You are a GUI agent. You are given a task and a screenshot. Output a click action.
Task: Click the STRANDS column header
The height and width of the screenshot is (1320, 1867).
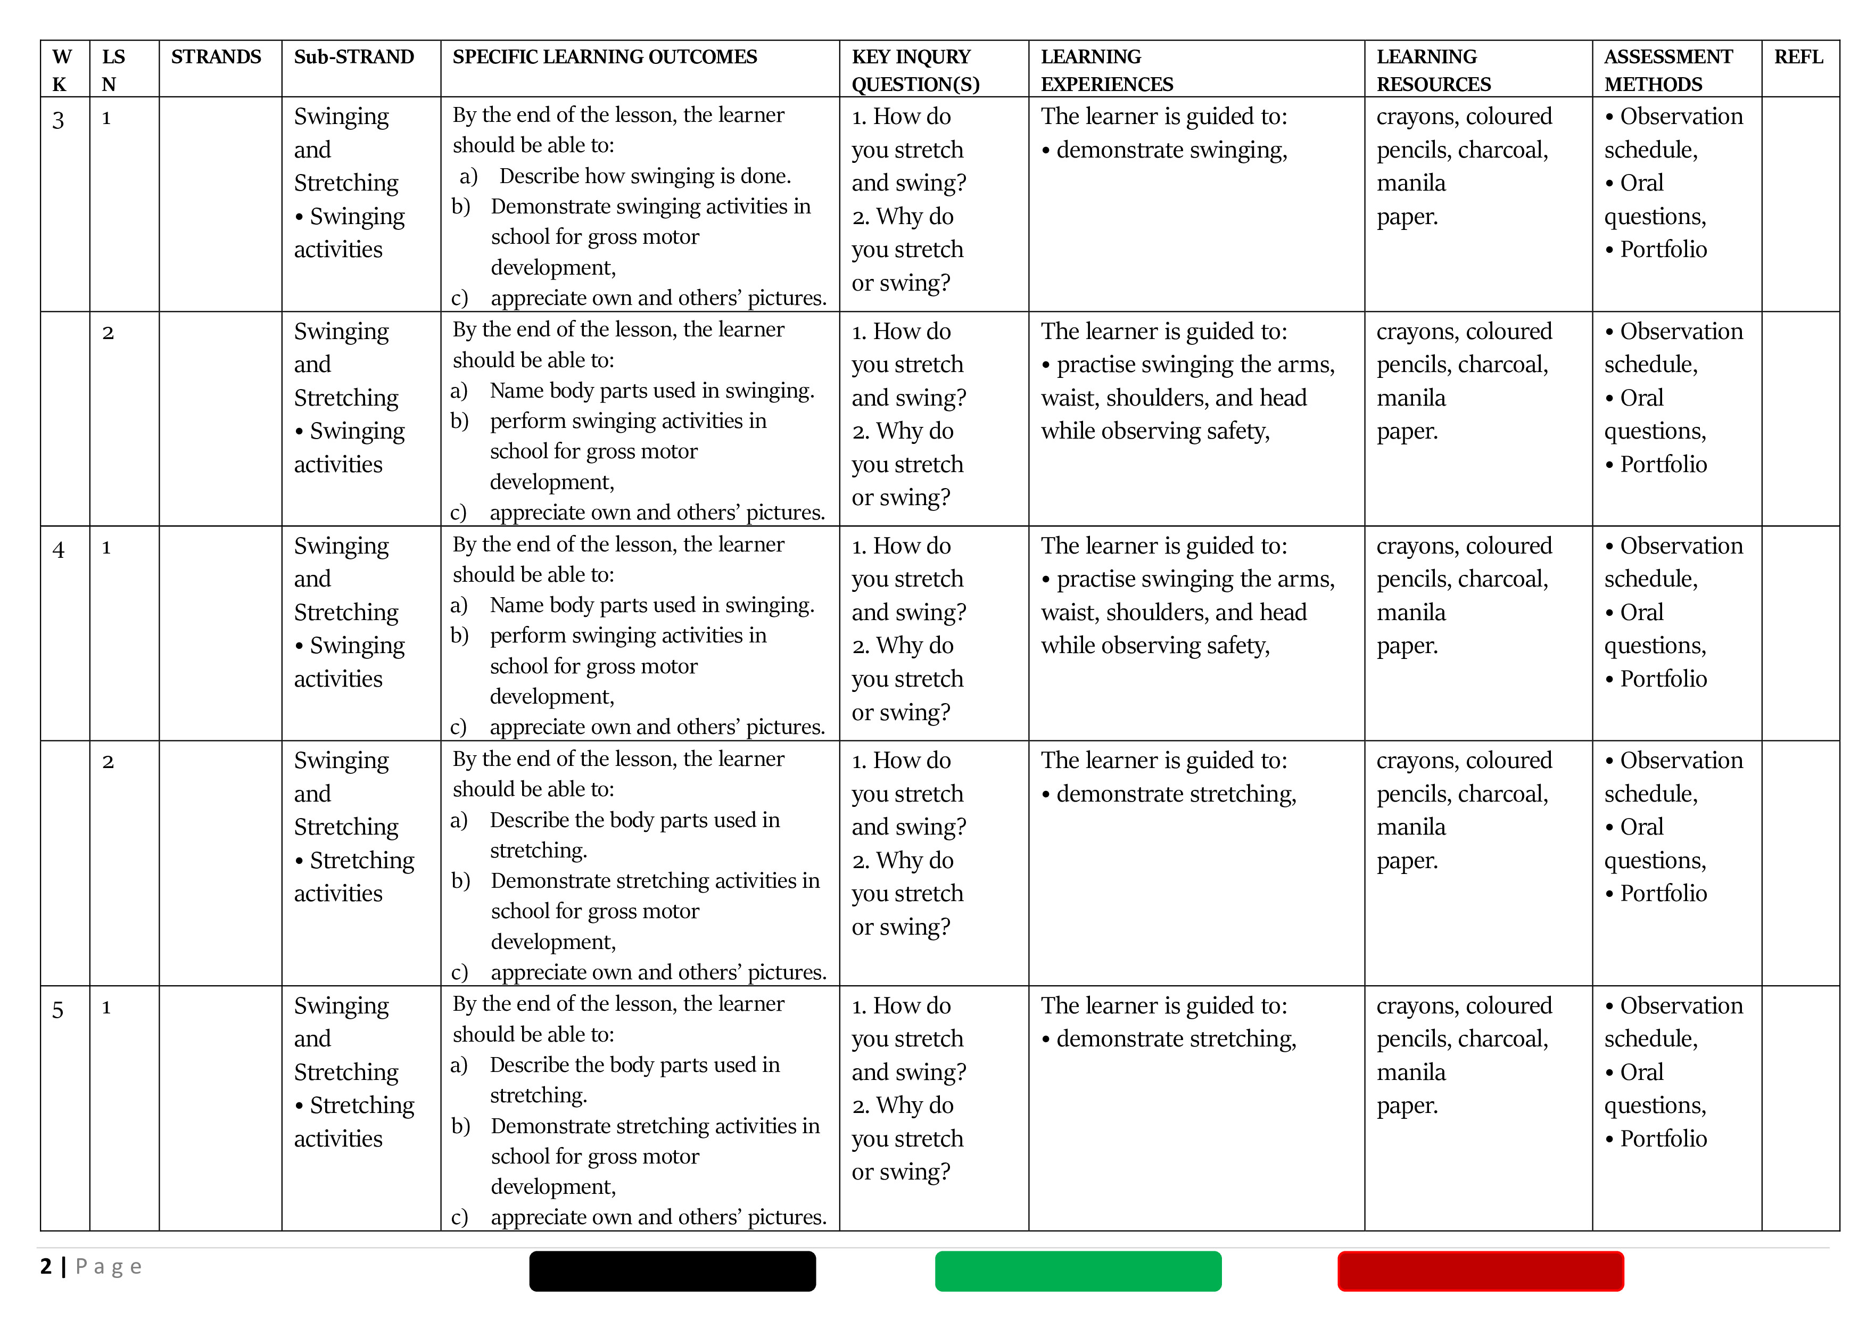(x=216, y=57)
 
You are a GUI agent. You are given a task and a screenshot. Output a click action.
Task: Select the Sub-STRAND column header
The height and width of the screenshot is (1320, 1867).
(x=354, y=57)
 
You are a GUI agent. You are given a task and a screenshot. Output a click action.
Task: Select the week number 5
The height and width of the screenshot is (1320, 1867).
(x=57, y=1010)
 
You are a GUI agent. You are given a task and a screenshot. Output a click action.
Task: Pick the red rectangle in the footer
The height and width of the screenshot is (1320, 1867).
(x=1480, y=1270)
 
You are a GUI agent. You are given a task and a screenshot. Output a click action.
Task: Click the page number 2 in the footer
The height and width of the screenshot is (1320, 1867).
(x=46, y=1266)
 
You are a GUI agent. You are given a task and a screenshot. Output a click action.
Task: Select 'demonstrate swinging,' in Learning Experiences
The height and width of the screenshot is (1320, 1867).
(x=1171, y=151)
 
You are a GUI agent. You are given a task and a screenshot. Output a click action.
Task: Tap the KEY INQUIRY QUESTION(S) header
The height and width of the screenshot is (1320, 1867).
(x=915, y=70)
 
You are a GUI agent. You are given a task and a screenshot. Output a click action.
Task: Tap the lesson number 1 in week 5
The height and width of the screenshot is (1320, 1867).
(x=106, y=1008)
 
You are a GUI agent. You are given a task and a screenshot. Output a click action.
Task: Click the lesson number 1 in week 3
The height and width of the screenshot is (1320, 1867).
(x=106, y=119)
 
